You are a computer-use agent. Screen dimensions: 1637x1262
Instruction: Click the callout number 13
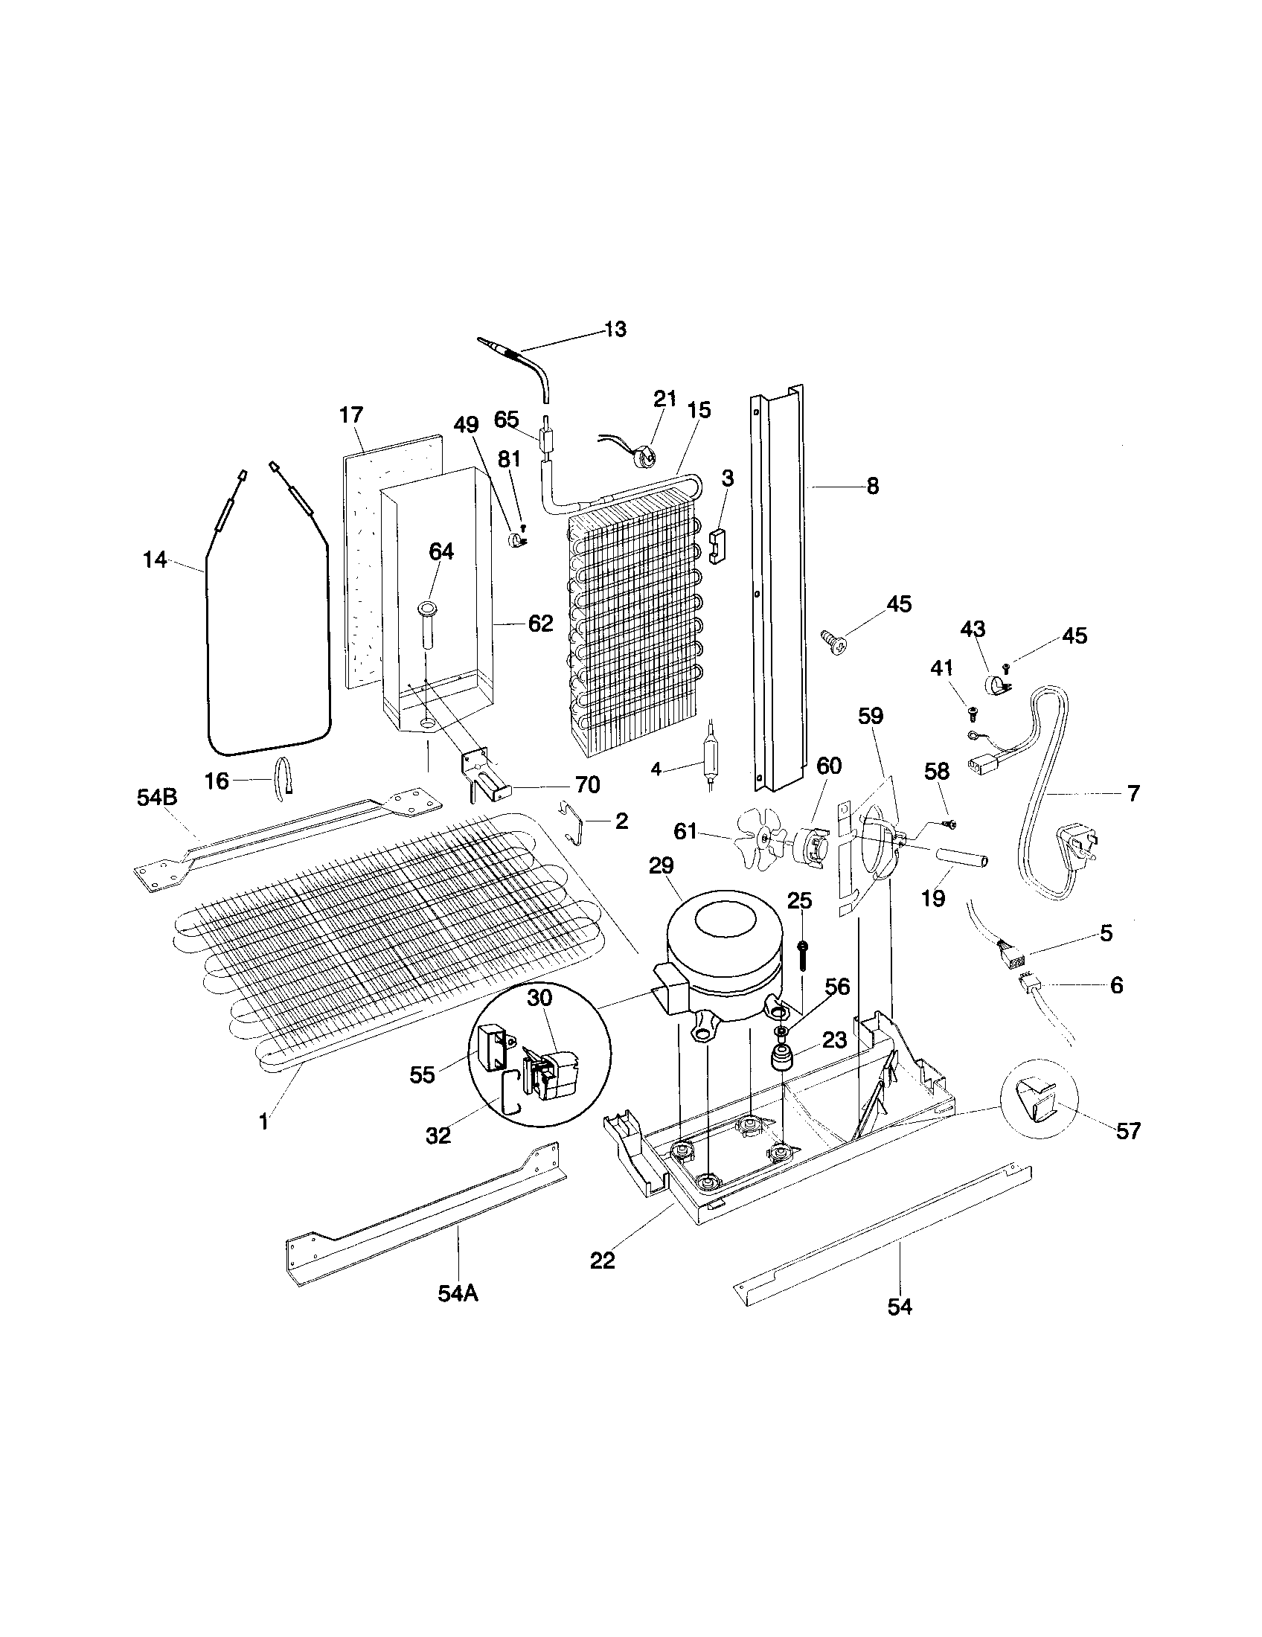615,329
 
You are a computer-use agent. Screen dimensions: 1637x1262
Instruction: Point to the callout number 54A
458,1293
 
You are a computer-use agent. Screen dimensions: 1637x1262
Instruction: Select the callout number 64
441,551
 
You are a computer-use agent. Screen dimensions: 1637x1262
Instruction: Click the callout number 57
1128,1130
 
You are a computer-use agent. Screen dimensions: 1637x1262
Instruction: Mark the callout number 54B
156,798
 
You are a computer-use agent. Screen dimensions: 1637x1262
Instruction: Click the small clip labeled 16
284,775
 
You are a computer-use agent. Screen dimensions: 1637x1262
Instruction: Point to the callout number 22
602,1260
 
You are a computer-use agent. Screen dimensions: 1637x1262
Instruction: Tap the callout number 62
540,623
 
